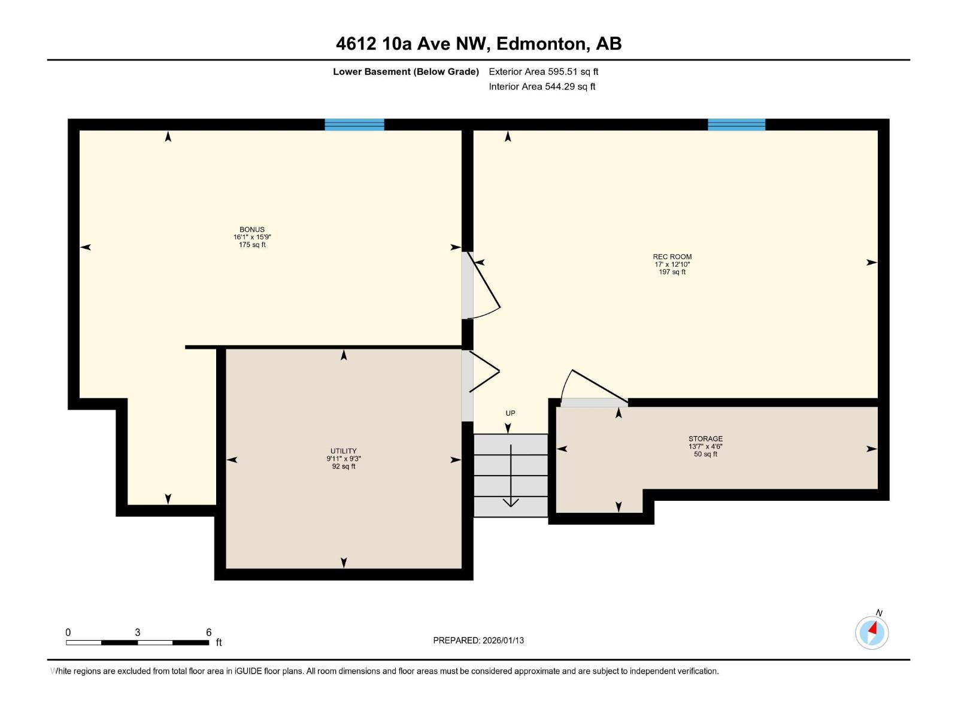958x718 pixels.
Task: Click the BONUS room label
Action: point(252,229)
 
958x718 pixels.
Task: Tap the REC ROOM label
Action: point(672,257)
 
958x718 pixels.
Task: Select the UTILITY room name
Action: point(344,451)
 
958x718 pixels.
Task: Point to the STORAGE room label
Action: point(705,439)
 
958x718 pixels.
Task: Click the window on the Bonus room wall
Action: point(354,124)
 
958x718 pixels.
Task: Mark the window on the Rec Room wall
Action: point(736,124)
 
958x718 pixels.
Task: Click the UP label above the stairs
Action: point(510,413)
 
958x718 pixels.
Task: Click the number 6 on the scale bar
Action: point(208,632)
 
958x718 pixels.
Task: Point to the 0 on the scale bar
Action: point(68,632)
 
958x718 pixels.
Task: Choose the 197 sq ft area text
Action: point(672,272)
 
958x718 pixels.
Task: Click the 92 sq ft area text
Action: point(344,467)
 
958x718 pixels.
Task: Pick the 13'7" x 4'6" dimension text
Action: point(705,446)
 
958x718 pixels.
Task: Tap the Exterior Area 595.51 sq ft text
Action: point(544,71)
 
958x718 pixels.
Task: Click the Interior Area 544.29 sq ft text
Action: point(542,86)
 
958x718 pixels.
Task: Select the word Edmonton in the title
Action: point(541,44)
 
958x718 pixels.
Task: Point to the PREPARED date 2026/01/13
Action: point(478,640)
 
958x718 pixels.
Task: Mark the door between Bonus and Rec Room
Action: point(481,285)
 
